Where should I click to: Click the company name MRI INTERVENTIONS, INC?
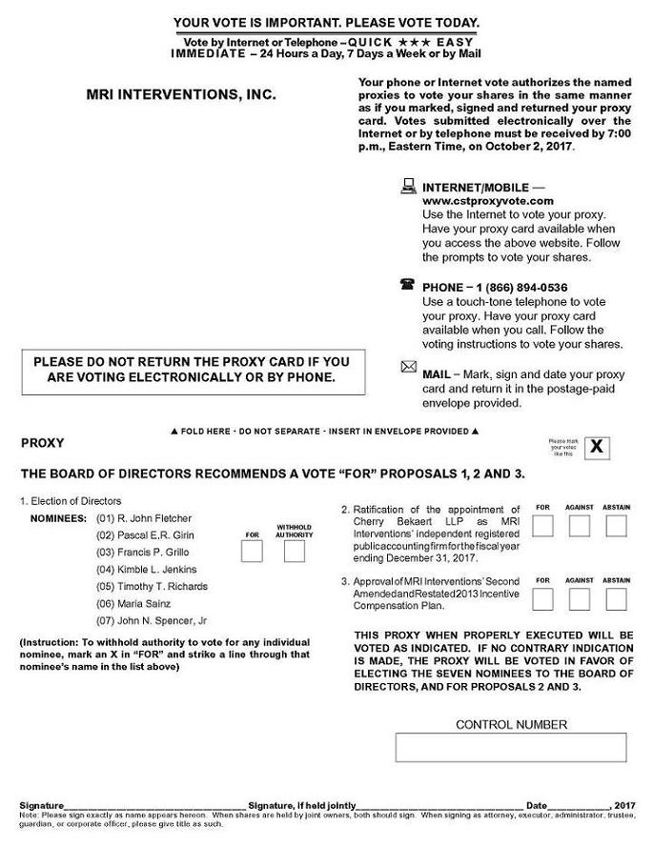click(x=181, y=95)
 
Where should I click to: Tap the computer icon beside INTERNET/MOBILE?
click(x=409, y=186)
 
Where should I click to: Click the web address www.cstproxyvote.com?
click(x=487, y=201)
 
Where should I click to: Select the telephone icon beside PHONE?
click(x=409, y=285)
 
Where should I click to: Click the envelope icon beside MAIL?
click(x=409, y=368)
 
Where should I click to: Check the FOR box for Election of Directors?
click(x=252, y=552)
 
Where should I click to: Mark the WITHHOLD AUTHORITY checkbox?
click(x=295, y=552)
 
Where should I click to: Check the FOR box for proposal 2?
click(x=543, y=526)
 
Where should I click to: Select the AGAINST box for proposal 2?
click(x=579, y=526)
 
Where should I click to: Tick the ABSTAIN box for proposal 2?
click(x=617, y=526)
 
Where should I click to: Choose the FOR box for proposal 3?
click(x=543, y=599)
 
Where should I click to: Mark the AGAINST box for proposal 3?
click(x=579, y=599)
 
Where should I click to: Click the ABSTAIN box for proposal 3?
click(x=617, y=599)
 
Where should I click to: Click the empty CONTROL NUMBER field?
click(x=511, y=747)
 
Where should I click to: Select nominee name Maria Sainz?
click(x=142, y=603)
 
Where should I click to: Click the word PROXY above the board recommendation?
click(x=42, y=443)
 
